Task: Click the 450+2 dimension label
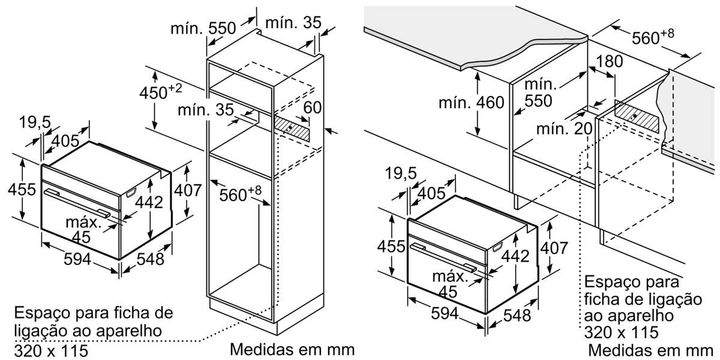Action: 160,93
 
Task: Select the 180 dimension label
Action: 611,61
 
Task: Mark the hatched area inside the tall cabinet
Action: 293,127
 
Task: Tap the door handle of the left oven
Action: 78,202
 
